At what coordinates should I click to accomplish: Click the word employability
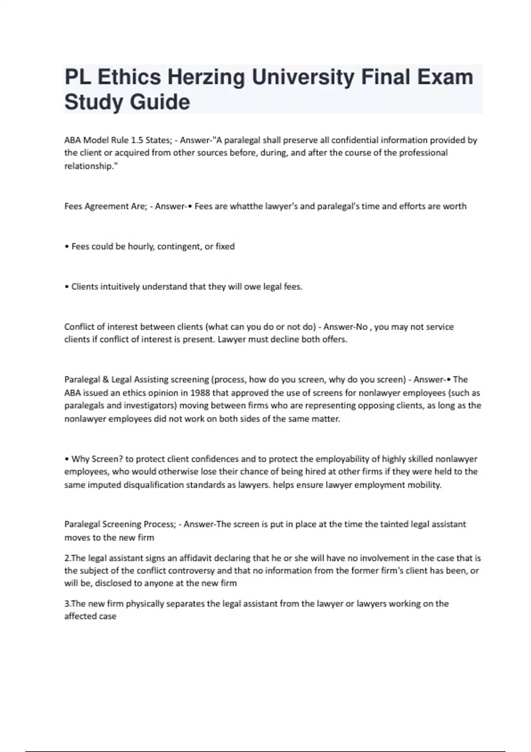pos(342,459)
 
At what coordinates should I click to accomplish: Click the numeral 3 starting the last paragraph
pos(66,604)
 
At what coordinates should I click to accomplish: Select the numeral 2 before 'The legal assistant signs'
pos(66,558)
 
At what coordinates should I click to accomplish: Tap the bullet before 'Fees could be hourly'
pos(66,246)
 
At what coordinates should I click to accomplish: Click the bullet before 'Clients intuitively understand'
pos(66,287)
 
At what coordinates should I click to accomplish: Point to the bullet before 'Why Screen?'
pos(66,459)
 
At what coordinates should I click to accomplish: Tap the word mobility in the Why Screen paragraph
pos(426,485)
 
